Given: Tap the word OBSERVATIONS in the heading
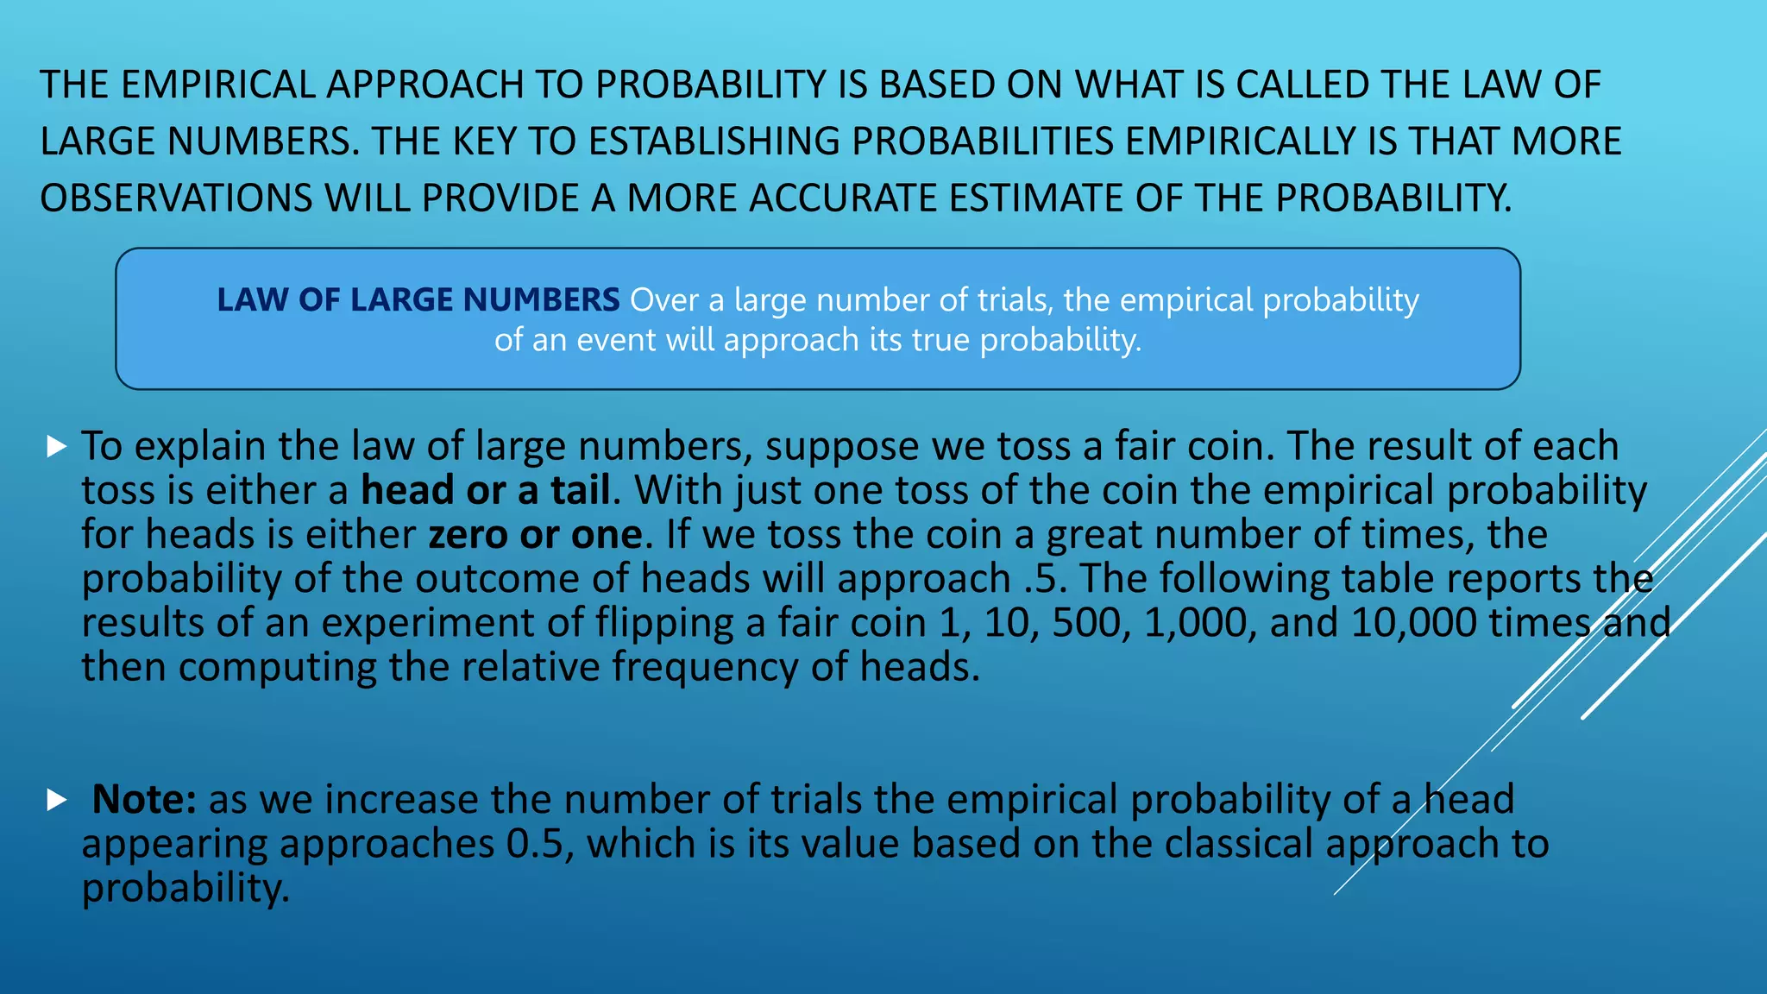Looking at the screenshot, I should point(176,198).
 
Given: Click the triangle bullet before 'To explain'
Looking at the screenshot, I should point(57,446).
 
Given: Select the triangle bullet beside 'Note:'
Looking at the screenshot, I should point(57,800).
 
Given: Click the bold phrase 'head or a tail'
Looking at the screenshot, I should point(486,491).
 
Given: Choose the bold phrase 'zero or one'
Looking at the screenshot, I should point(535,535).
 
